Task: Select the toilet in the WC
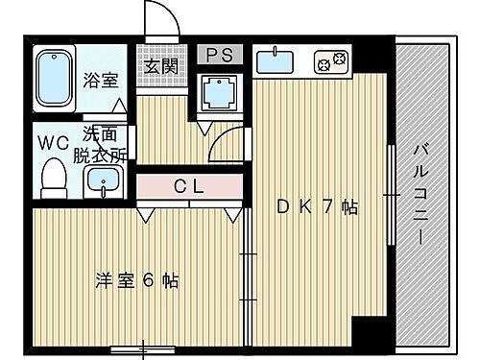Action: coord(54,177)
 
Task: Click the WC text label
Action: coord(52,143)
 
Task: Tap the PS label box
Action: coord(217,55)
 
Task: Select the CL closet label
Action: coord(187,186)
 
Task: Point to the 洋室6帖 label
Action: coord(137,281)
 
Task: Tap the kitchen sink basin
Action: coord(276,62)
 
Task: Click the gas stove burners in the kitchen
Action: coord(331,62)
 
